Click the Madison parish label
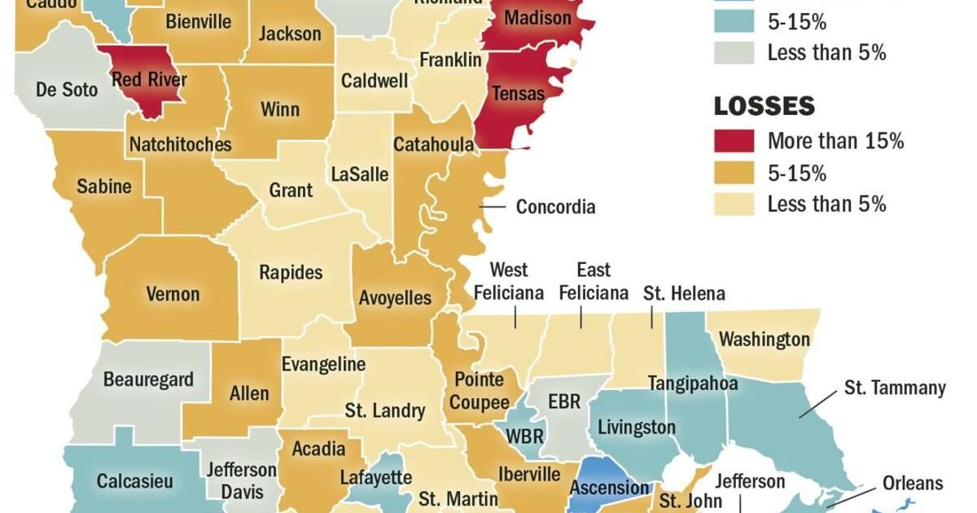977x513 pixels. [537, 18]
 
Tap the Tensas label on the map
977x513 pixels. [518, 93]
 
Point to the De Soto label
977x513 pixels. [67, 89]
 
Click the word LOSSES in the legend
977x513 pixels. [764, 106]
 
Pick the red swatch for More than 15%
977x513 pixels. [734, 141]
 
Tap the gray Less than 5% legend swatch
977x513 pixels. [734, 53]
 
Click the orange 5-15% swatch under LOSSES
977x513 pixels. [734, 173]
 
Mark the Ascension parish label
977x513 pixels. [610, 488]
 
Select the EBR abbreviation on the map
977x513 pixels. [564, 401]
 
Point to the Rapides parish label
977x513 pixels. [291, 273]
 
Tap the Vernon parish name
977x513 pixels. [173, 293]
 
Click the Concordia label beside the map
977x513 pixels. [555, 207]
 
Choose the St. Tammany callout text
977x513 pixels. [894, 388]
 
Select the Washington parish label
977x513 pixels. [765, 339]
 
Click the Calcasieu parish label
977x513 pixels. [135, 481]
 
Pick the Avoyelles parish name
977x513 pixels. [395, 298]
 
